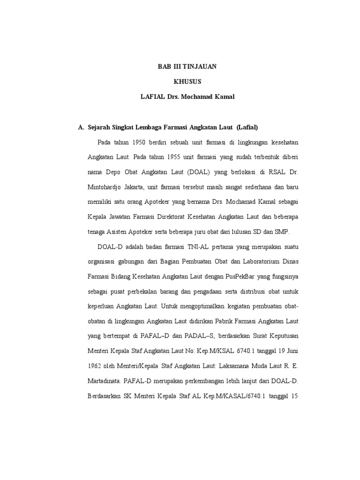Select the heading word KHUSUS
tap(187, 82)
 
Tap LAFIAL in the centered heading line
tap(151, 97)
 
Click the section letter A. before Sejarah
tap(81, 127)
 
